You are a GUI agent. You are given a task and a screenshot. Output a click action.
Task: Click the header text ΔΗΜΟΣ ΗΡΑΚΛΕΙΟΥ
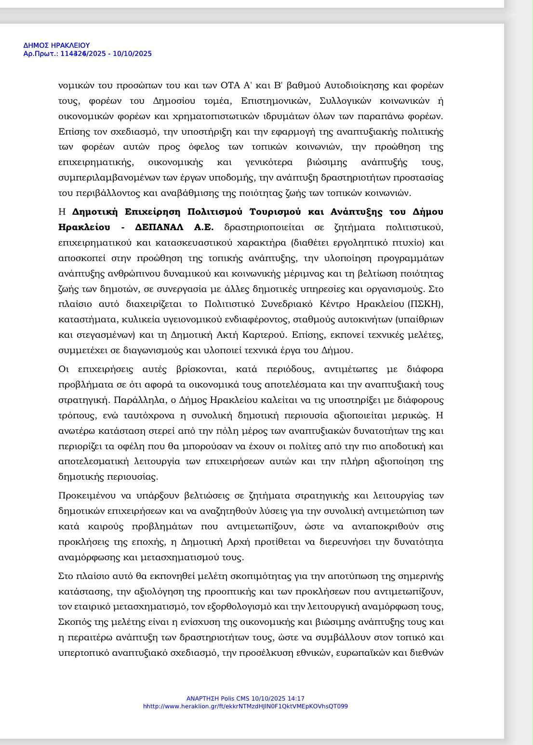[x=56, y=45]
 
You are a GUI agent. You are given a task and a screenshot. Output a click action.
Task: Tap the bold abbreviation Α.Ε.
[x=204, y=227]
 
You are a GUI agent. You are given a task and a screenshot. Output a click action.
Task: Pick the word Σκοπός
[x=74, y=622]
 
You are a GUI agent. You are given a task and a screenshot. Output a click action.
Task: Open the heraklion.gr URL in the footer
[x=245, y=706]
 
